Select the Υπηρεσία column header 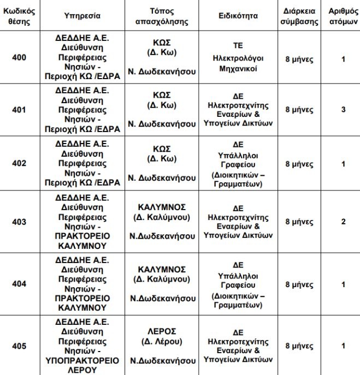pyautogui.click(x=82, y=16)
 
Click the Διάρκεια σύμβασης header pyautogui.click(x=299, y=16)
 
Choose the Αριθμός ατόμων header pyautogui.click(x=343, y=16)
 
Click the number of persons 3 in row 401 pyautogui.click(x=343, y=109)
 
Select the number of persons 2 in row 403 pyautogui.click(x=343, y=222)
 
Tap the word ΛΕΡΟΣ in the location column pyautogui.click(x=162, y=331)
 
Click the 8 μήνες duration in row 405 pyautogui.click(x=299, y=346)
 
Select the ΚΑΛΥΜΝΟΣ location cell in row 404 pyautogui.click(x=162, y=270)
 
